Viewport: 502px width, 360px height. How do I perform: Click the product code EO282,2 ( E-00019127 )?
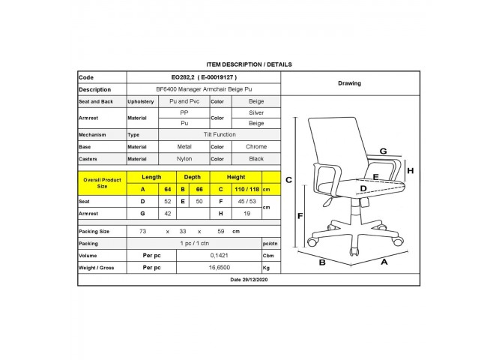click(x=204, y=77)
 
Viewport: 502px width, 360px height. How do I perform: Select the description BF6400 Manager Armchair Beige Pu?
click(x=204, y=89)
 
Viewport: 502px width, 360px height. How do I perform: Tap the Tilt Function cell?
click(x=220, y=135)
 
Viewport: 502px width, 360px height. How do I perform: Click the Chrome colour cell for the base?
click(x=256, y=146)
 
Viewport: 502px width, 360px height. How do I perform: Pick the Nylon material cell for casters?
click(x=184, y=159)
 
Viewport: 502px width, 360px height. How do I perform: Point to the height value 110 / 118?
click(x=247, y=190)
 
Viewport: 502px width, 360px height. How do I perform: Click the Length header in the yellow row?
click(x=151, y=177)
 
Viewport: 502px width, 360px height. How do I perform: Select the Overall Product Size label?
click(x=102, y=183)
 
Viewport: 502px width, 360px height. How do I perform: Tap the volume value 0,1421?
click(x=220, y=256)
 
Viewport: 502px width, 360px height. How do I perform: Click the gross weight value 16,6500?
click(x=220, y=268)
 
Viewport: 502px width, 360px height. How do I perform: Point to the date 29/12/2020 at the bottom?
click(x=249, y=280)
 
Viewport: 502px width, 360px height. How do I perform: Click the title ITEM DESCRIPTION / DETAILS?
click(x=249, y=64)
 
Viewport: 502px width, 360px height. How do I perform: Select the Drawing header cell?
click(x=350, y=83)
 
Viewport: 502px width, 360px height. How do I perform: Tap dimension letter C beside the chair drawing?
click(x=288, y=180)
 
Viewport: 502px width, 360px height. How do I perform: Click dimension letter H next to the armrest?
click(x=411, y=171)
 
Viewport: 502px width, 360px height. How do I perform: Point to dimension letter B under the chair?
click(x=322, y=262)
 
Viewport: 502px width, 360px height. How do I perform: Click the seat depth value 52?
click(x=167, y=202)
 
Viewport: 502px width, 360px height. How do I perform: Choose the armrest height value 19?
click(x=247, y=214)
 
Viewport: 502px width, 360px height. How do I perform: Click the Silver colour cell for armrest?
click(x=256, y=112)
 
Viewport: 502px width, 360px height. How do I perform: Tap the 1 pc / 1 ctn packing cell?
click(x=194, y=243)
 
